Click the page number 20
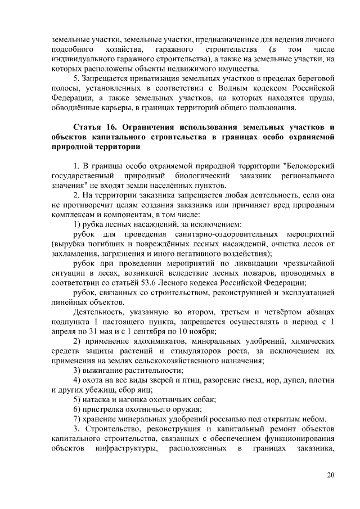coord(331,475)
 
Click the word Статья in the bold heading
coord(89,126)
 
